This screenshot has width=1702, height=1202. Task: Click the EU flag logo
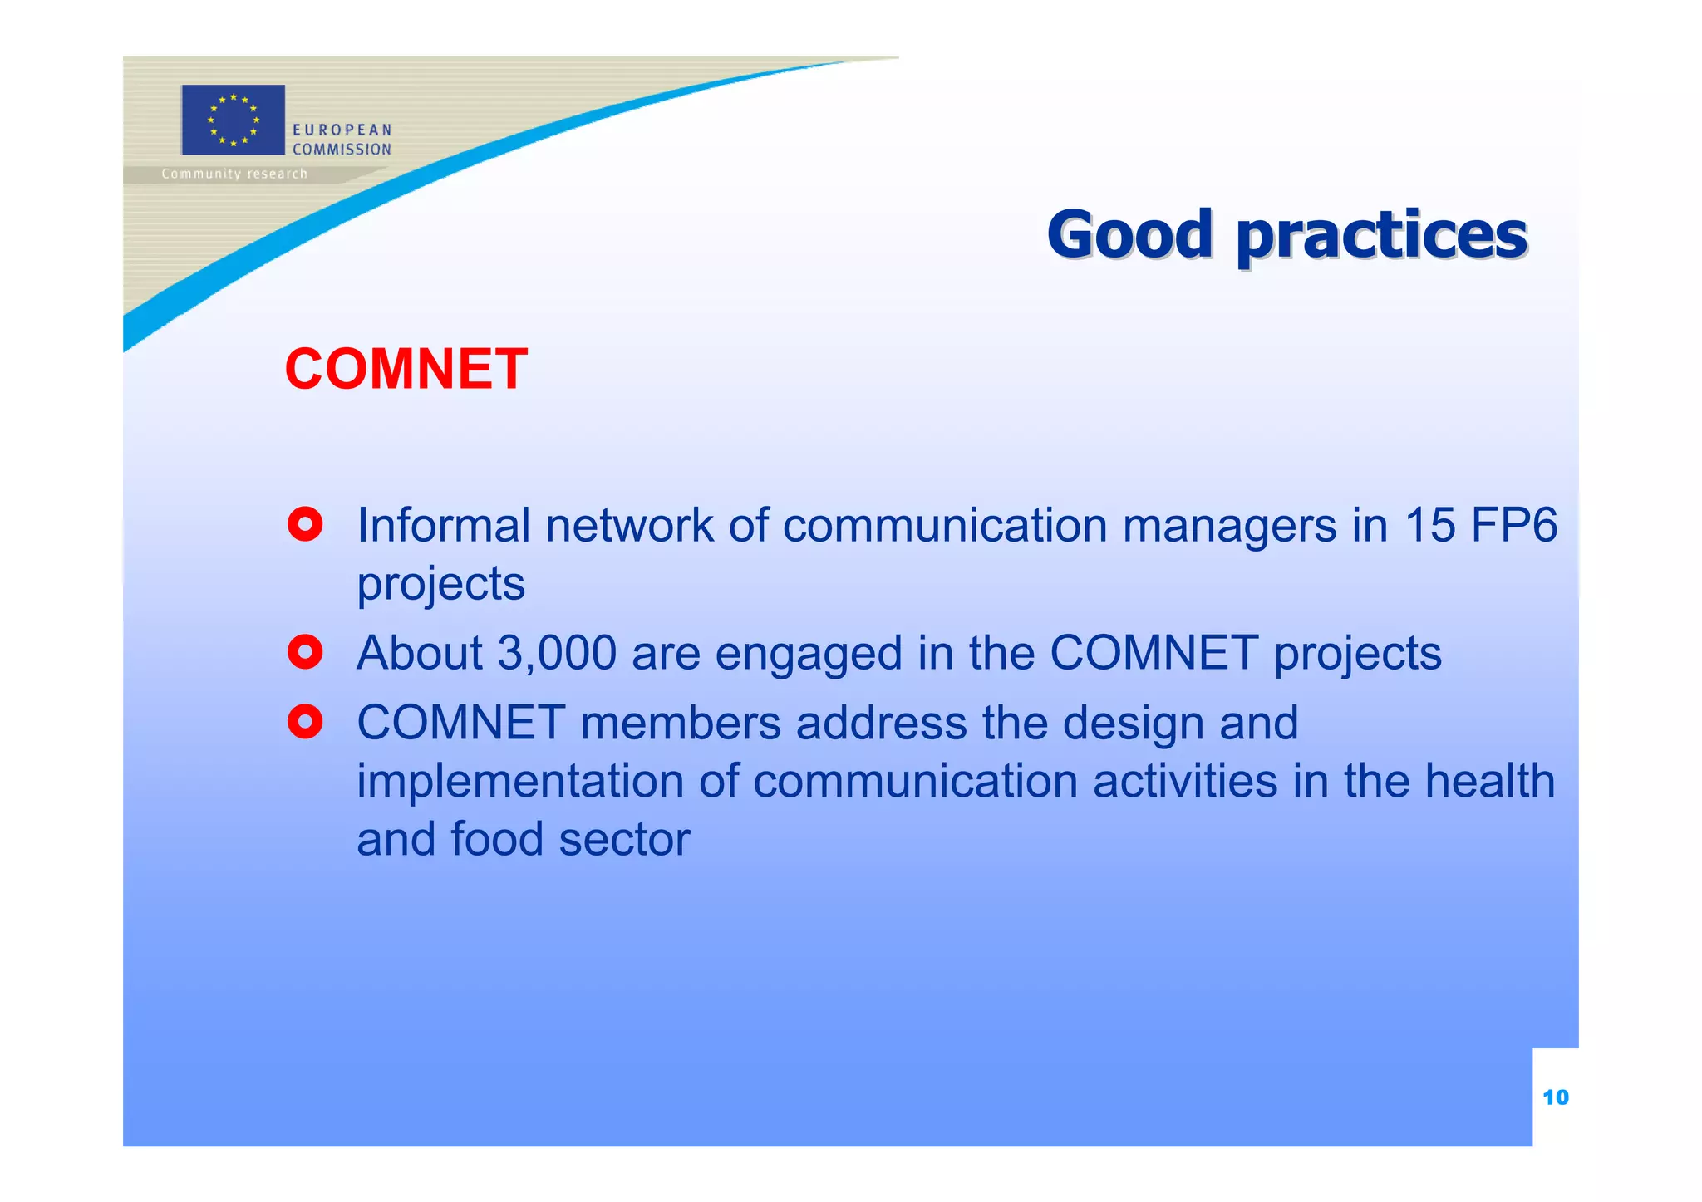click(x=233, y=120)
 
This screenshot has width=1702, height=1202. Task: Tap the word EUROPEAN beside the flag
click(x=341, y=130)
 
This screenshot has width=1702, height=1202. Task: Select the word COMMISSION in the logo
click(x=341, y=150)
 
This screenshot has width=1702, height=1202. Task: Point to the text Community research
click(x=234, y=174)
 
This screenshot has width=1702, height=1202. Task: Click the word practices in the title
click(x=1381, y=236)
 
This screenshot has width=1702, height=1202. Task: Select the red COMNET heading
click(x=406, y=369)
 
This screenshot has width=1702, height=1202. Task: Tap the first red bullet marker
click(x=305, y=524)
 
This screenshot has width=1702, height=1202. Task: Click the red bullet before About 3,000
click(x=305, y=652)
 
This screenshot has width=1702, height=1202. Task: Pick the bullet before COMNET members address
click(x=305, y=722)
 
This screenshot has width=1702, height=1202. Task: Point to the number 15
click(x=1429, y=525)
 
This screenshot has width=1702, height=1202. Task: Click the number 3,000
click(x=557, y=653)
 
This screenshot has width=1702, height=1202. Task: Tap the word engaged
click(x=808, y=655)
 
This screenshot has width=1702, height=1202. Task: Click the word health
click(x=1489, y=781)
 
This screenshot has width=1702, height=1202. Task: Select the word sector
click(x=624, y=839)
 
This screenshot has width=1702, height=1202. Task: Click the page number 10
click(x=1555, y=1097)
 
